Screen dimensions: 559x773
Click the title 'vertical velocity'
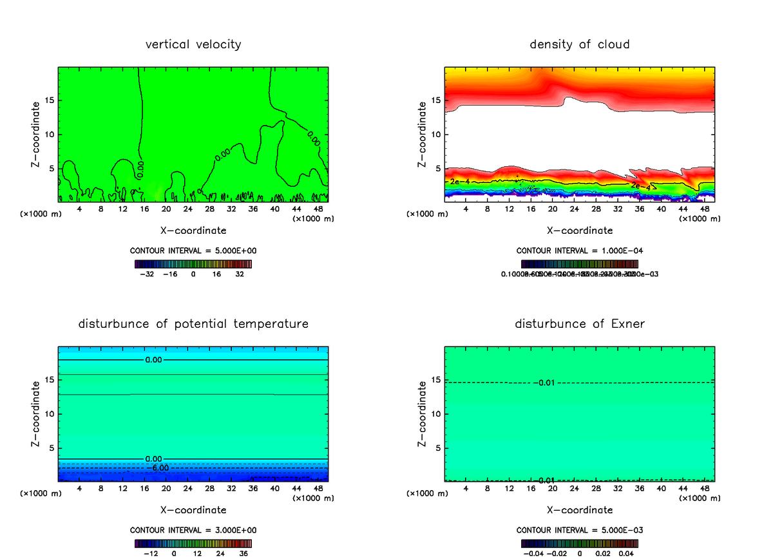pos(193,44)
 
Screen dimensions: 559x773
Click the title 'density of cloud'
pos(580,44)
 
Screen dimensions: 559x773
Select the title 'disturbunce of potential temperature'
pos(193,323)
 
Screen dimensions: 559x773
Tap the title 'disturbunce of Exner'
pos(580,323)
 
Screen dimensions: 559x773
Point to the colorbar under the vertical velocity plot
pos(193,264)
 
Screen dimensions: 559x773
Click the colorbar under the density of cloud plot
pos(580,264)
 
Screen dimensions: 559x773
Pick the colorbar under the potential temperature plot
pos(193,544)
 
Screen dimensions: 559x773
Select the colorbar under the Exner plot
pos(580,544)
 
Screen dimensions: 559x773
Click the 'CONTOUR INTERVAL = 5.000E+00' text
pos(193,251)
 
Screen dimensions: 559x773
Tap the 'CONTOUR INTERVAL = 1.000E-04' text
pos(580,251)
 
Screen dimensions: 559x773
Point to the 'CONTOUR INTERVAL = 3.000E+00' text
pos(193,530)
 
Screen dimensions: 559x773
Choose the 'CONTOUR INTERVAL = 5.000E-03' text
pos(580,530)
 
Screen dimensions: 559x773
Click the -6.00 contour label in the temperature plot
pos(158,468)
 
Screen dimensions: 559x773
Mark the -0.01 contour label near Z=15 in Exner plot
pos(544,383)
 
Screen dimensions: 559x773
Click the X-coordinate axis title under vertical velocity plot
pos(193,230)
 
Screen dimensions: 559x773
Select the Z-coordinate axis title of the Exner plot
pos(423,413)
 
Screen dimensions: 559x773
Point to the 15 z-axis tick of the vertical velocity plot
pos(50,100)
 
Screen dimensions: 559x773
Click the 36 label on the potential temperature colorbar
pos(243,553)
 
